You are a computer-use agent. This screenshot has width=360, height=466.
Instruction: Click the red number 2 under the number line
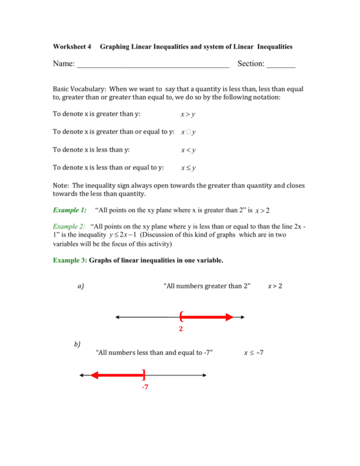181,330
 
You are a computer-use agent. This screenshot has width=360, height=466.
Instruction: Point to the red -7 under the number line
144,387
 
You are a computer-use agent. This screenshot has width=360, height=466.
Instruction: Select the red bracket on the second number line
143,375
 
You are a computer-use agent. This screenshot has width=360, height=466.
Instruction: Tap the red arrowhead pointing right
229,317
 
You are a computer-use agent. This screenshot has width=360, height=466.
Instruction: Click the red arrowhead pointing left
95,375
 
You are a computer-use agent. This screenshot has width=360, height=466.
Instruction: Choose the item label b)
77,344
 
